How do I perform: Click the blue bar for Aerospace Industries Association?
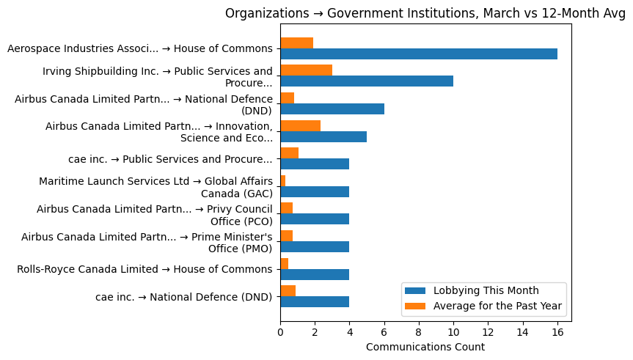click(418, 54)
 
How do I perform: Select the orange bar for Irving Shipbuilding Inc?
click(306, 70)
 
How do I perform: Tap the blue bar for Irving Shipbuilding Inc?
click(366, 81)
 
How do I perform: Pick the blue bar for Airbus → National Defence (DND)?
click(332, 109)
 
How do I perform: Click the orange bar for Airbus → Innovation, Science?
click(300, 125)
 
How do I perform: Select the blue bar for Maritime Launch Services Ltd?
click(314, 191)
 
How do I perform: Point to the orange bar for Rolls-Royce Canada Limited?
click(284, 263)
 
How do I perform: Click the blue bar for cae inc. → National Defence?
click(314, 301)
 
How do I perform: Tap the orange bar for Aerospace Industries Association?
click(296, 43)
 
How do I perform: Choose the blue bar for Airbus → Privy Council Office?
click(314, 219)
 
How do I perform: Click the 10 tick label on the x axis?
click(453, 331)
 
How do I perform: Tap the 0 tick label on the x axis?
click(280, 331)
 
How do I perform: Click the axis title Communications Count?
click(425, 347)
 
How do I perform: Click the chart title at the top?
click(425, 13)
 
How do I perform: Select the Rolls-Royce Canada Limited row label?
click(144, 269)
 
